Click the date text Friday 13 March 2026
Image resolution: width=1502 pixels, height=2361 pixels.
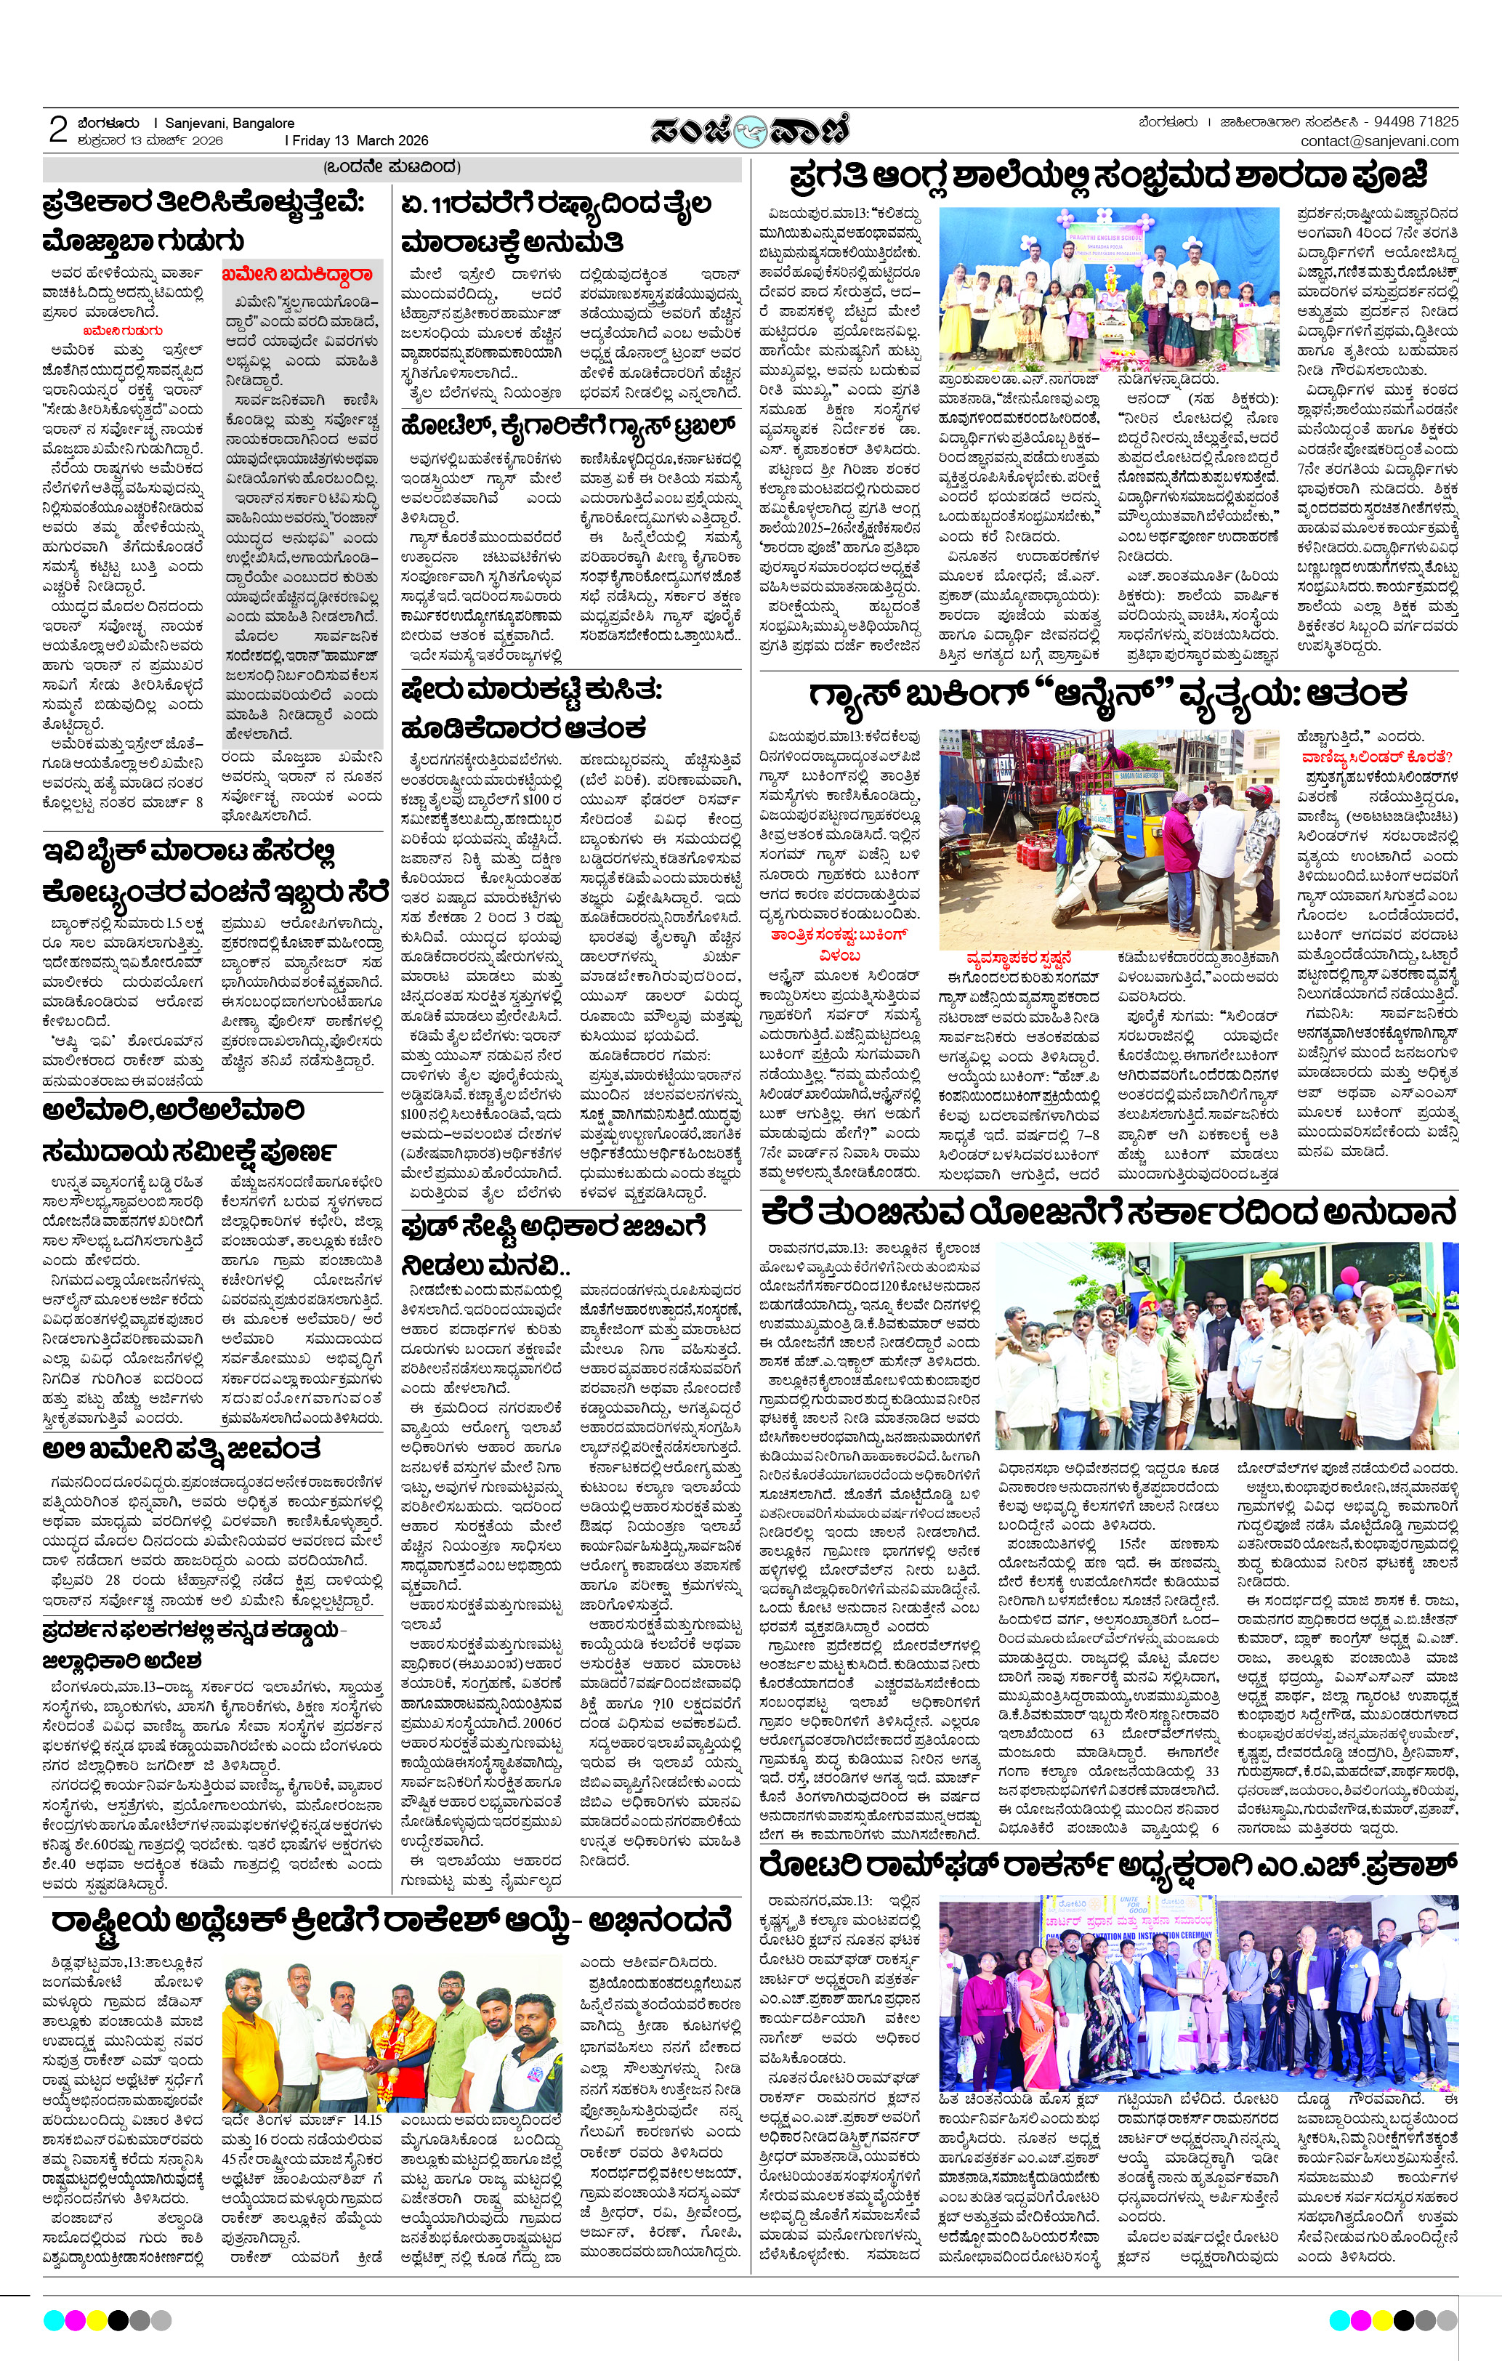tap(359, 140)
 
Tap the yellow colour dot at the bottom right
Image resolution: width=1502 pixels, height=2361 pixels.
tap(1381, 2320)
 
